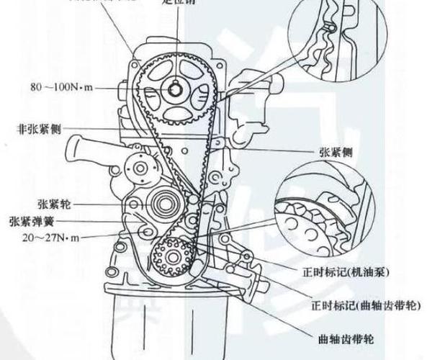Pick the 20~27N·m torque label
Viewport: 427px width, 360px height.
39,237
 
